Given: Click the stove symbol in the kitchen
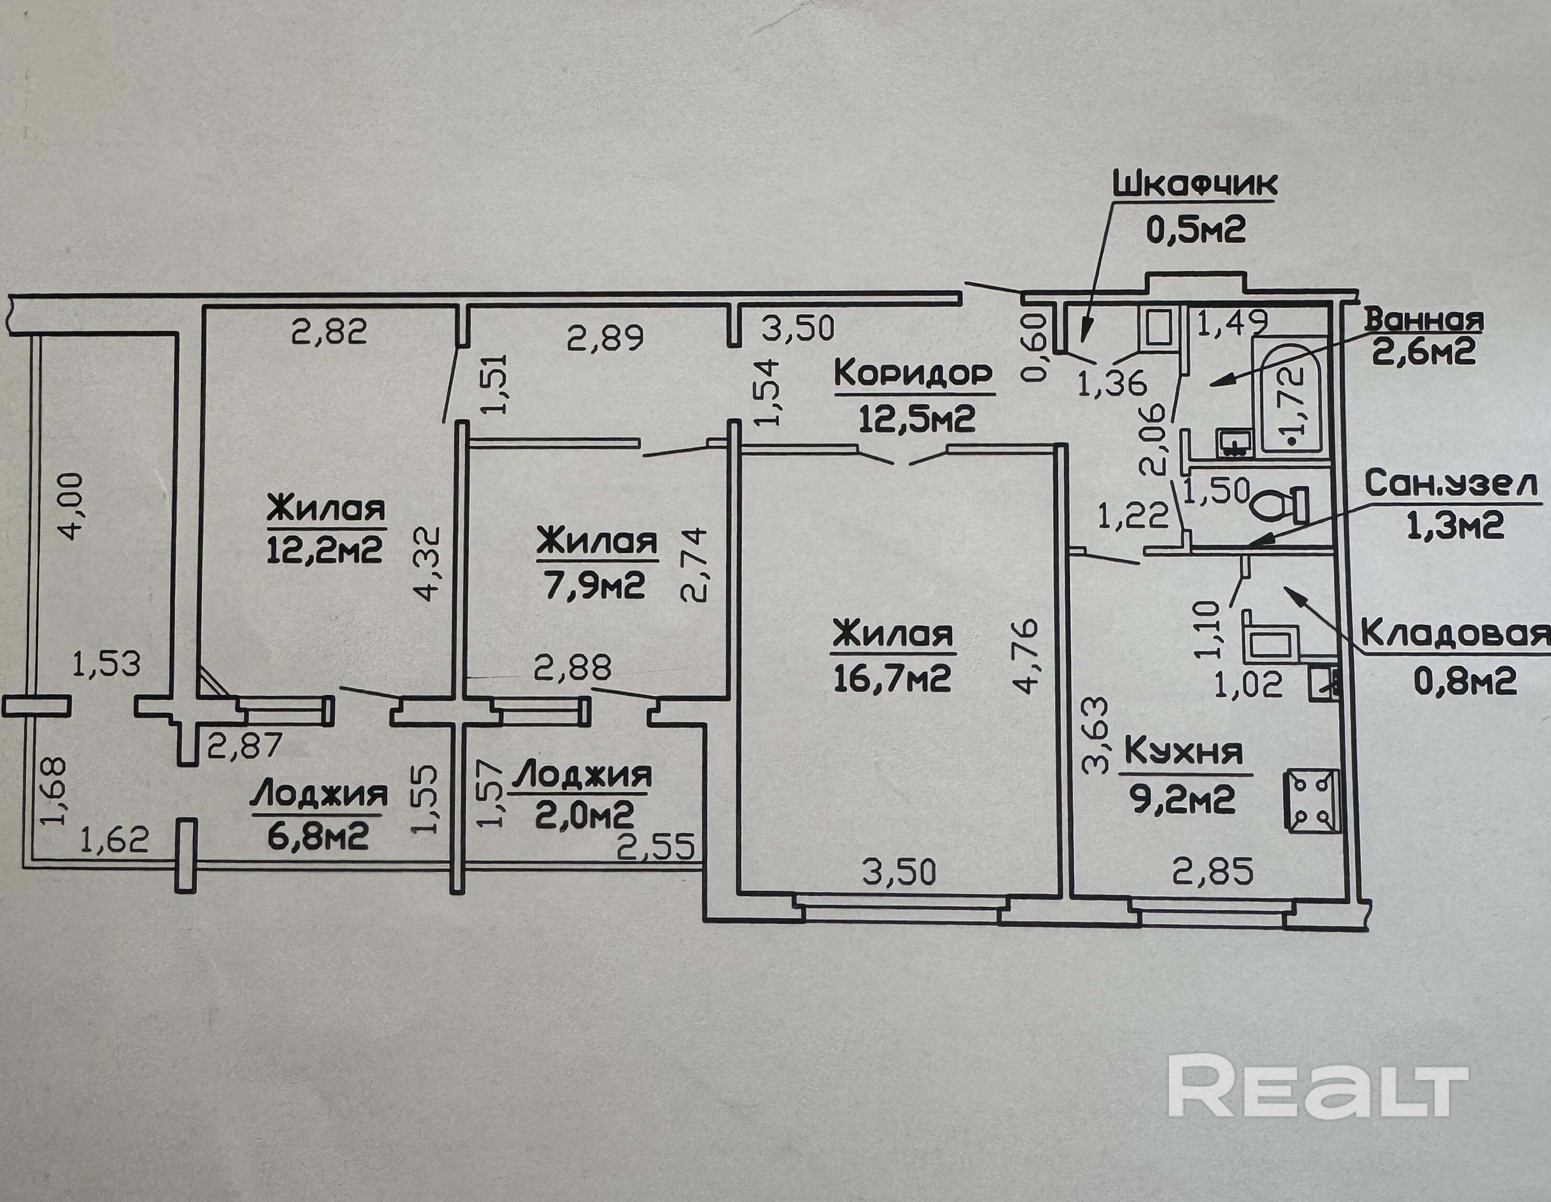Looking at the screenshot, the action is [x=1311, y=800].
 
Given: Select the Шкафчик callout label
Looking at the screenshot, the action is [x=1193, y=184].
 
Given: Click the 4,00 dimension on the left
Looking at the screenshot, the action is [x=72, y=508].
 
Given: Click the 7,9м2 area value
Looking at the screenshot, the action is [x=596, y=586].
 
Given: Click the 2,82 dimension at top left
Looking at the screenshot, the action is [x=329, y=331].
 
